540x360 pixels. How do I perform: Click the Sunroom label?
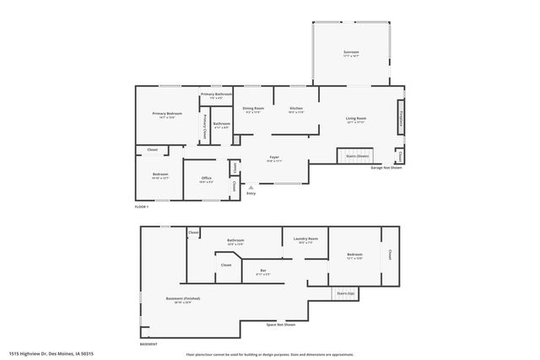pos(350,53)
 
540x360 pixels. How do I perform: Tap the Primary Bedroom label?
pos(168,115)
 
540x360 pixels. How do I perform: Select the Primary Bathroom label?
pos(216,94)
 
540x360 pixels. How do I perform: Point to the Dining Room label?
pos(253,109)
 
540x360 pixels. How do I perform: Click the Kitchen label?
pos(296,109)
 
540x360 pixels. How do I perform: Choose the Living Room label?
pos(355,119)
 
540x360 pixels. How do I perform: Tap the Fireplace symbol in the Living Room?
pos(401,117)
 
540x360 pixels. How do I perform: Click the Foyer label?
pos(274,158)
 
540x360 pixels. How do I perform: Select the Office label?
pos(206,178)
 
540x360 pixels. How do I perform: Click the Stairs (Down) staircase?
pos(357,156)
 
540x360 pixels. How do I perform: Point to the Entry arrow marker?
pos(250,188)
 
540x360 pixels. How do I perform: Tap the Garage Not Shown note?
pos(384,167)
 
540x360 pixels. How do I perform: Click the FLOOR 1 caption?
pos(141,207)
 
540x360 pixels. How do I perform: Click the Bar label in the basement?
pos(262,271)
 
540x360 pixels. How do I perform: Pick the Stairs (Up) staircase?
pos(345,294)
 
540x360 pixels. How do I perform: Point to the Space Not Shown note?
pos(280,325)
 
